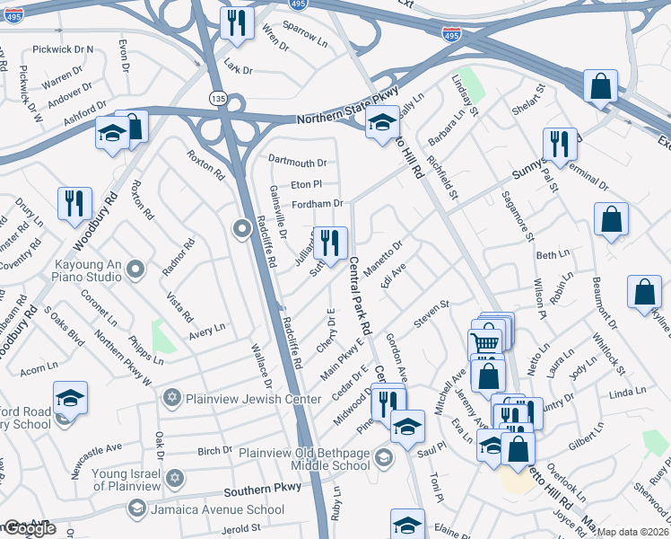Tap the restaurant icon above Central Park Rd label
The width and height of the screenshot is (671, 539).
pos(330,243)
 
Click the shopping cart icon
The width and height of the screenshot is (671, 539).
pos(484,343)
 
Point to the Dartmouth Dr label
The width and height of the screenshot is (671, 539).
pos(298,163)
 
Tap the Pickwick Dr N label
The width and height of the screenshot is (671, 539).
pos(62,49)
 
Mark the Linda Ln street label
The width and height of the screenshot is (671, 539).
pos(627,393)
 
